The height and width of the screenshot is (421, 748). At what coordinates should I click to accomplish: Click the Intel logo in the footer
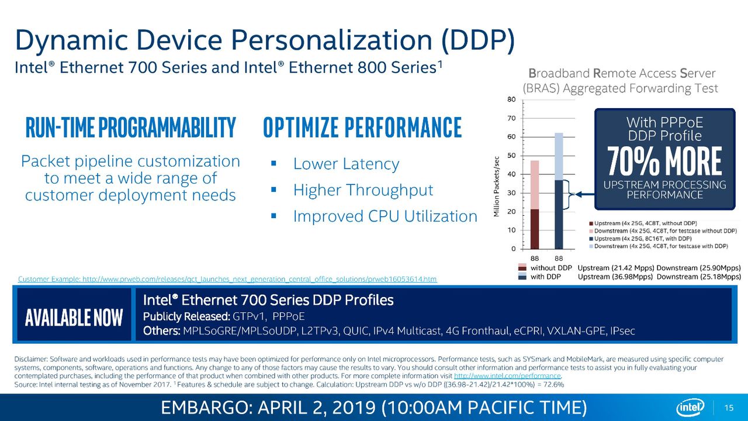pyautogui.click(x=690, y=408)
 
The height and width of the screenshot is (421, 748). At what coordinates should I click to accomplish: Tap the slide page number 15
pyautogui.click(x=729, y=408)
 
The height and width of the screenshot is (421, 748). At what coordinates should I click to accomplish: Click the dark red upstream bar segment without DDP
pyautogui.click(x=535, y=229)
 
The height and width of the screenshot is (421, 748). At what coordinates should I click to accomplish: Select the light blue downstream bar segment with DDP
pyautogui.click(x=559, y=156)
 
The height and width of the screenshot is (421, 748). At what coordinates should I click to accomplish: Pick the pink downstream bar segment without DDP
pyautogui.click(x=535, y=185)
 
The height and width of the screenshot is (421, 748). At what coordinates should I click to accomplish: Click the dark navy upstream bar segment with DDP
pyautogui.click(x=559, y=215)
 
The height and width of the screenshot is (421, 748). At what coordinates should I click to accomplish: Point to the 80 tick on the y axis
pyautogui.click(x=511, y=99)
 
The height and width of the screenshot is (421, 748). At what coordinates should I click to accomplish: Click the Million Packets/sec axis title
pyautogui.click(x=496, y=187)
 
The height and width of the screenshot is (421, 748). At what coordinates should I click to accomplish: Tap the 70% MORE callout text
pyautogui.click(x=664, y=161)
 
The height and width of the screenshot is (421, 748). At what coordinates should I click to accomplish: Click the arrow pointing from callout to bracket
pyautogui.click(x=585, y=195)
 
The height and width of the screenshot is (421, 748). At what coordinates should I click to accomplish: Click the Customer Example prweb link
pyautogui.click(x=227, y=279)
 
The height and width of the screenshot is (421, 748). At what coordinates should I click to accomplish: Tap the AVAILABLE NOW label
pyautogui.click(x=74, y=318)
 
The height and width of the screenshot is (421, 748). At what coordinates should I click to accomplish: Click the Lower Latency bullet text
pyautogui.click(x=346, y=164)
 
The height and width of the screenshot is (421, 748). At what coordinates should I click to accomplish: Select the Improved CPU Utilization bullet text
pyautogui.click(x=385, y=216)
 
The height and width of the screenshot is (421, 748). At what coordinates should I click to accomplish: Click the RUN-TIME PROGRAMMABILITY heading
pyautogui.click(x=130, y=127)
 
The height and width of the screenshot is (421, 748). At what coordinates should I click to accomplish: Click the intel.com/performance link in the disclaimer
pyautogui.click(x=507, y=376)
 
